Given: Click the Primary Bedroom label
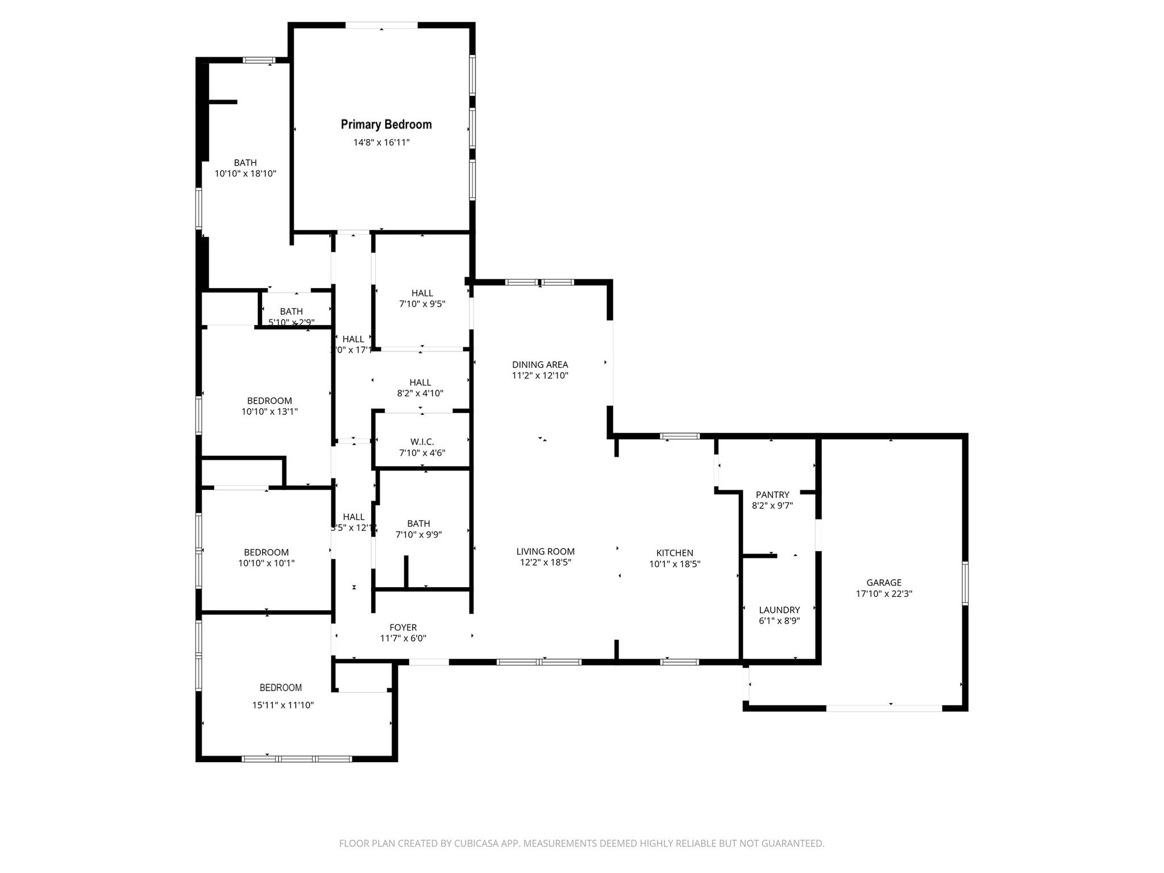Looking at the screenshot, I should click(x=386, y=124).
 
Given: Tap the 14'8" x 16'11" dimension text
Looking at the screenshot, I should click(x=381, y=142).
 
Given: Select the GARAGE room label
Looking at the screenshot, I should click(x=884, y=583).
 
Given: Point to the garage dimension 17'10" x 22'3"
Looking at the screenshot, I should click(x=884, y=594).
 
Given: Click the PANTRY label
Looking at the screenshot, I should click(x=772, y=494).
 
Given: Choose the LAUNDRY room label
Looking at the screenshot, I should click(x=779, y=610).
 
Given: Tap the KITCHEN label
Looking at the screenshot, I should click(x=675, y=553).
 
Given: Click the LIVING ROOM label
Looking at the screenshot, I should click(x=546, y=551).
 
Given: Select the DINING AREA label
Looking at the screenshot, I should click(x=540, y=365).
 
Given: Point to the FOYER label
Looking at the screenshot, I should click(x=403, y=627).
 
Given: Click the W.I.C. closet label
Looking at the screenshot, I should click(x=422, y=442).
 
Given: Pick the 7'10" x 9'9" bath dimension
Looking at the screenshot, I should click(x=419, y=534).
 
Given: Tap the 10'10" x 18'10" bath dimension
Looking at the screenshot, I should click(x=246, y=173).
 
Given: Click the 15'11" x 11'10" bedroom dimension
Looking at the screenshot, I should click(x=283, y=705).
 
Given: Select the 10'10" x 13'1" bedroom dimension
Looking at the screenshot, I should click(x=269, y=411).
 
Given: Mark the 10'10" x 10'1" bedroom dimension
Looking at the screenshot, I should click(x=267, y=563).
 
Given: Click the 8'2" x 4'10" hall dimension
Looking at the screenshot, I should click(x=421, y=393).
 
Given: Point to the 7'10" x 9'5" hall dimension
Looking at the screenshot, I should click(x=422, y=304).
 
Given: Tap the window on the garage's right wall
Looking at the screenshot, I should click(x=965, y=583).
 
